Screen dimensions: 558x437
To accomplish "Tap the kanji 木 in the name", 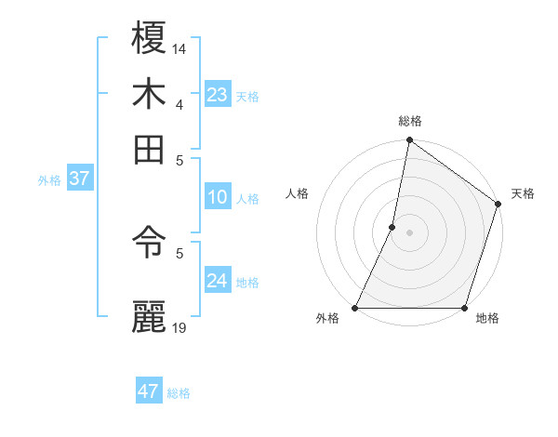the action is click(x=149, y=94).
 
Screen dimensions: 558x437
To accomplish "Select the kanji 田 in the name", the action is click(x=149, y=149).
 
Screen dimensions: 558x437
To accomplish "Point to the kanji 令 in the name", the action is click(x=149, y=243).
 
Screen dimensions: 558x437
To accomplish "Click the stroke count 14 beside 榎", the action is click(x=179, y=48).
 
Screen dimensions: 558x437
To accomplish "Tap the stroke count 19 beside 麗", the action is click(x=179, y=327).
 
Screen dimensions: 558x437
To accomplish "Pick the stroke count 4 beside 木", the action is click(x=179, y=103).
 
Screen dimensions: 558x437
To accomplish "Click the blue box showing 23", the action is click(x=217, y=95).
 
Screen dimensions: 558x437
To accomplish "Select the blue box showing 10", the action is click(x=217, y=197).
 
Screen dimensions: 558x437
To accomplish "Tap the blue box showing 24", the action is click(x=217, y=281).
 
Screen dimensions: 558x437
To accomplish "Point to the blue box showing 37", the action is click(x=79, y=179).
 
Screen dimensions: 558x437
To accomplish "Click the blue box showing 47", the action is click(x=149, y=391).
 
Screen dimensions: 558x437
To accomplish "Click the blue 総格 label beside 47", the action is click(x=179, y=393).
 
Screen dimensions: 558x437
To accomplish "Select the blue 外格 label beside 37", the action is click(x=49, y=180).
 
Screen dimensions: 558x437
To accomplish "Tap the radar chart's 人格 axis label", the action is click(x=298, y=193).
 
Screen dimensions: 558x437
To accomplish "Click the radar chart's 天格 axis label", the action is click(x=523, y=193).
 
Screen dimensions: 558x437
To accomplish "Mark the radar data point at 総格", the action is click(x=409, y=141).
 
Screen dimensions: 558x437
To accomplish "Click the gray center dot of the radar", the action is click(x=409, y=232).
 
